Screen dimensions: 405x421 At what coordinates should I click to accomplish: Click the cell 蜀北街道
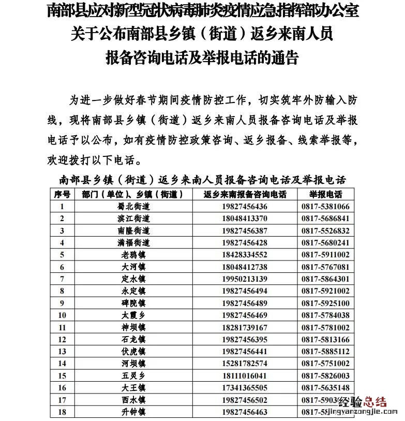133,206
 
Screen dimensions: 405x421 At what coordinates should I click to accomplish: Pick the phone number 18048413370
245,218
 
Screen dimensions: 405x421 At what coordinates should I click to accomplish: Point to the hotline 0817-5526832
326,230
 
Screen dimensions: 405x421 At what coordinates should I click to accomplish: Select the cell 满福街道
133,242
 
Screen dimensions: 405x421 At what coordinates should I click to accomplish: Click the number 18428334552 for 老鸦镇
245,255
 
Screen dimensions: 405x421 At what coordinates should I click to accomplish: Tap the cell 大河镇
133,267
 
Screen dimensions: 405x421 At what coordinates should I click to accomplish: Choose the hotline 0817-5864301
326,279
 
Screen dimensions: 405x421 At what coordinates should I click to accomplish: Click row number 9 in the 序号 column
62,303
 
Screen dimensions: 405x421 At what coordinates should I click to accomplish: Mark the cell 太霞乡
133,315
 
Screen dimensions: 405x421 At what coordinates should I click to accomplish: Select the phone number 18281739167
245,327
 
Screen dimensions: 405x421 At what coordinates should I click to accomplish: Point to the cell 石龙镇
133,340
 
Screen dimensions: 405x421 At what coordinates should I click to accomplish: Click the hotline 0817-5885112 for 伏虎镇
326,352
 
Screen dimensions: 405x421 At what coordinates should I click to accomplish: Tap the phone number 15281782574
245,364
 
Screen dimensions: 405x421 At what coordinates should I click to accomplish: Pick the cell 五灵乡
133,376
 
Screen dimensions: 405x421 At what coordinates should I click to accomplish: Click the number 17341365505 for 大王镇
245,388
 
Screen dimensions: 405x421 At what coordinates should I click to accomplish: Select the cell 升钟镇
133,412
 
